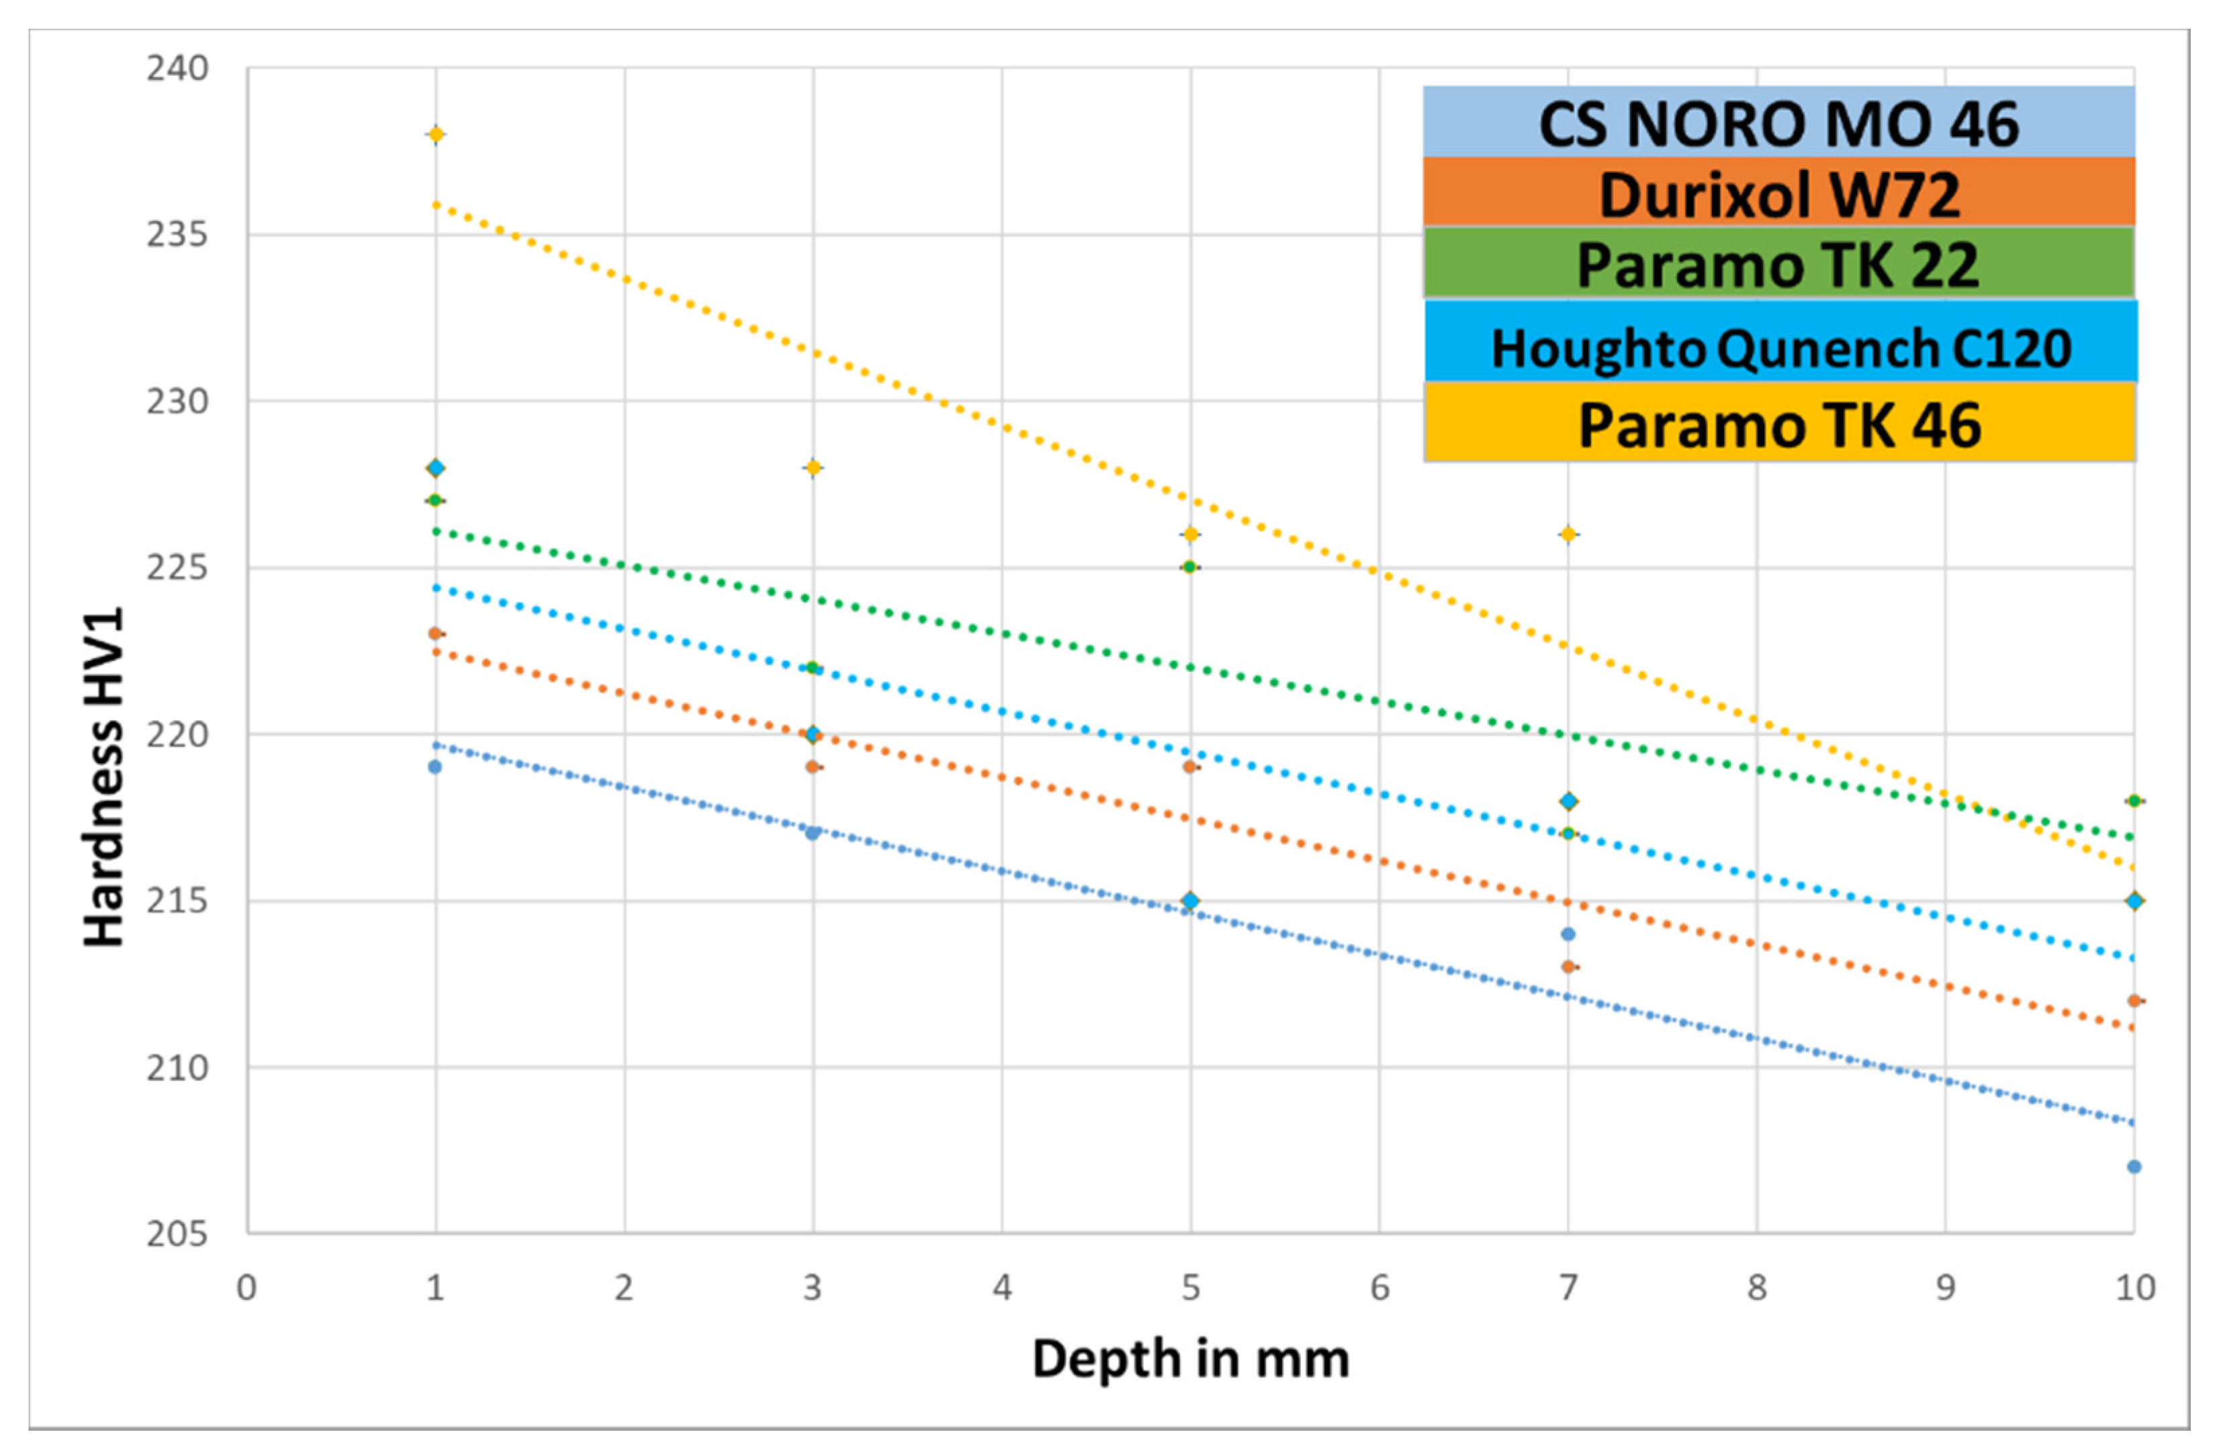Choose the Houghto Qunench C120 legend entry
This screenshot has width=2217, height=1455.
(x=1780, y=347)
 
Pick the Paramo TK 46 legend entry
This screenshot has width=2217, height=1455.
(x=1779, y=425)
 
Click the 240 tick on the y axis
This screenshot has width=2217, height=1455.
(x=177, y=69)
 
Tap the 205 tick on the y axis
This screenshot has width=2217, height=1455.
(x=177, y=1233)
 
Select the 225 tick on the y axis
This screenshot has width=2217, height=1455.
(x=177, y=567)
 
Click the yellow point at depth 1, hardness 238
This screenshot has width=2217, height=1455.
(x=435, y=135)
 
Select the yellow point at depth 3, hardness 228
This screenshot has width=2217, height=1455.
(x=812, y=468)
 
